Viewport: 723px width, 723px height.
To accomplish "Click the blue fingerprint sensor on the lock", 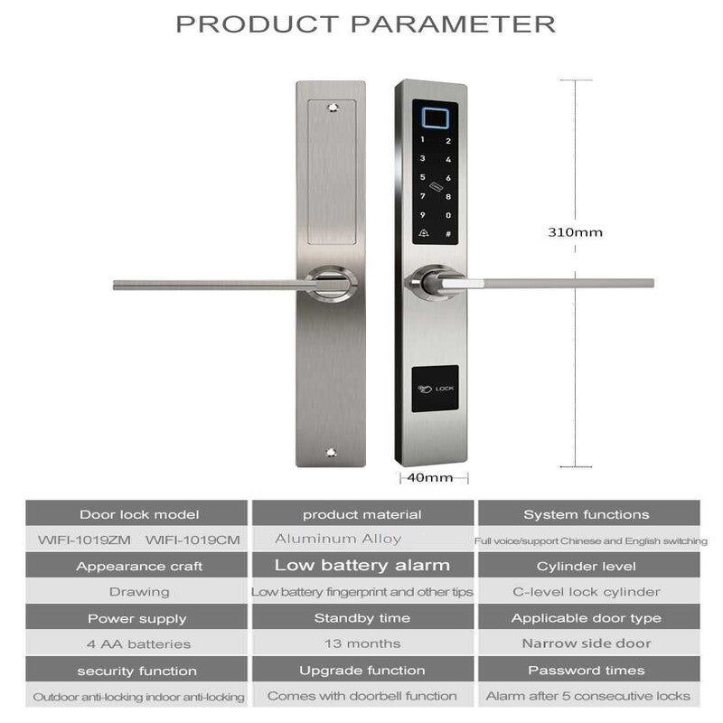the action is click(435, 118).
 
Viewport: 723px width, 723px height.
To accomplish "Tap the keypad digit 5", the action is click(422, 177).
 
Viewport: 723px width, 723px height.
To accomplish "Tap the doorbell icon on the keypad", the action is click(423, 233).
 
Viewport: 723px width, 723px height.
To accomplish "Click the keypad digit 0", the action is click(448, 215).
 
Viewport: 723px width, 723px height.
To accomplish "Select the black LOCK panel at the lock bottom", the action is click(435, 389).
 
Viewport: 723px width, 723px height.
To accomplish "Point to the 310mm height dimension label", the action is click(575, 232).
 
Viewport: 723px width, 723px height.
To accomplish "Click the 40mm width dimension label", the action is click(430, 477).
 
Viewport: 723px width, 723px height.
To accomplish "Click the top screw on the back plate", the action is click(333, 108).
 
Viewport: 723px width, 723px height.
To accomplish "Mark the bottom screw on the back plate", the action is click(331, 453).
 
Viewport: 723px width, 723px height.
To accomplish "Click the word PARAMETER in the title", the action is click(454, 24).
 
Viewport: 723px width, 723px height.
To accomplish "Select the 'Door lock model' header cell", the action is click(136, 513).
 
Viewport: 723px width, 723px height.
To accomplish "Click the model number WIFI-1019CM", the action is click(192, 540).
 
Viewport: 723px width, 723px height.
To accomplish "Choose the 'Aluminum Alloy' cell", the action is click(338, 539).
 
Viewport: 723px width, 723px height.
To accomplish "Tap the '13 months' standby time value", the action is click(362, 643).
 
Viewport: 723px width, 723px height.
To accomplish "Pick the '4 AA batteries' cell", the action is click(138, 643).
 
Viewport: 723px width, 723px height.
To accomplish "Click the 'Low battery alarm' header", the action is click(362, 565).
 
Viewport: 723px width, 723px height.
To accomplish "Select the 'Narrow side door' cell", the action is click(586, 643).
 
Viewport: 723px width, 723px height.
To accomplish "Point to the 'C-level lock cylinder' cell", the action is click(586, 592).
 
